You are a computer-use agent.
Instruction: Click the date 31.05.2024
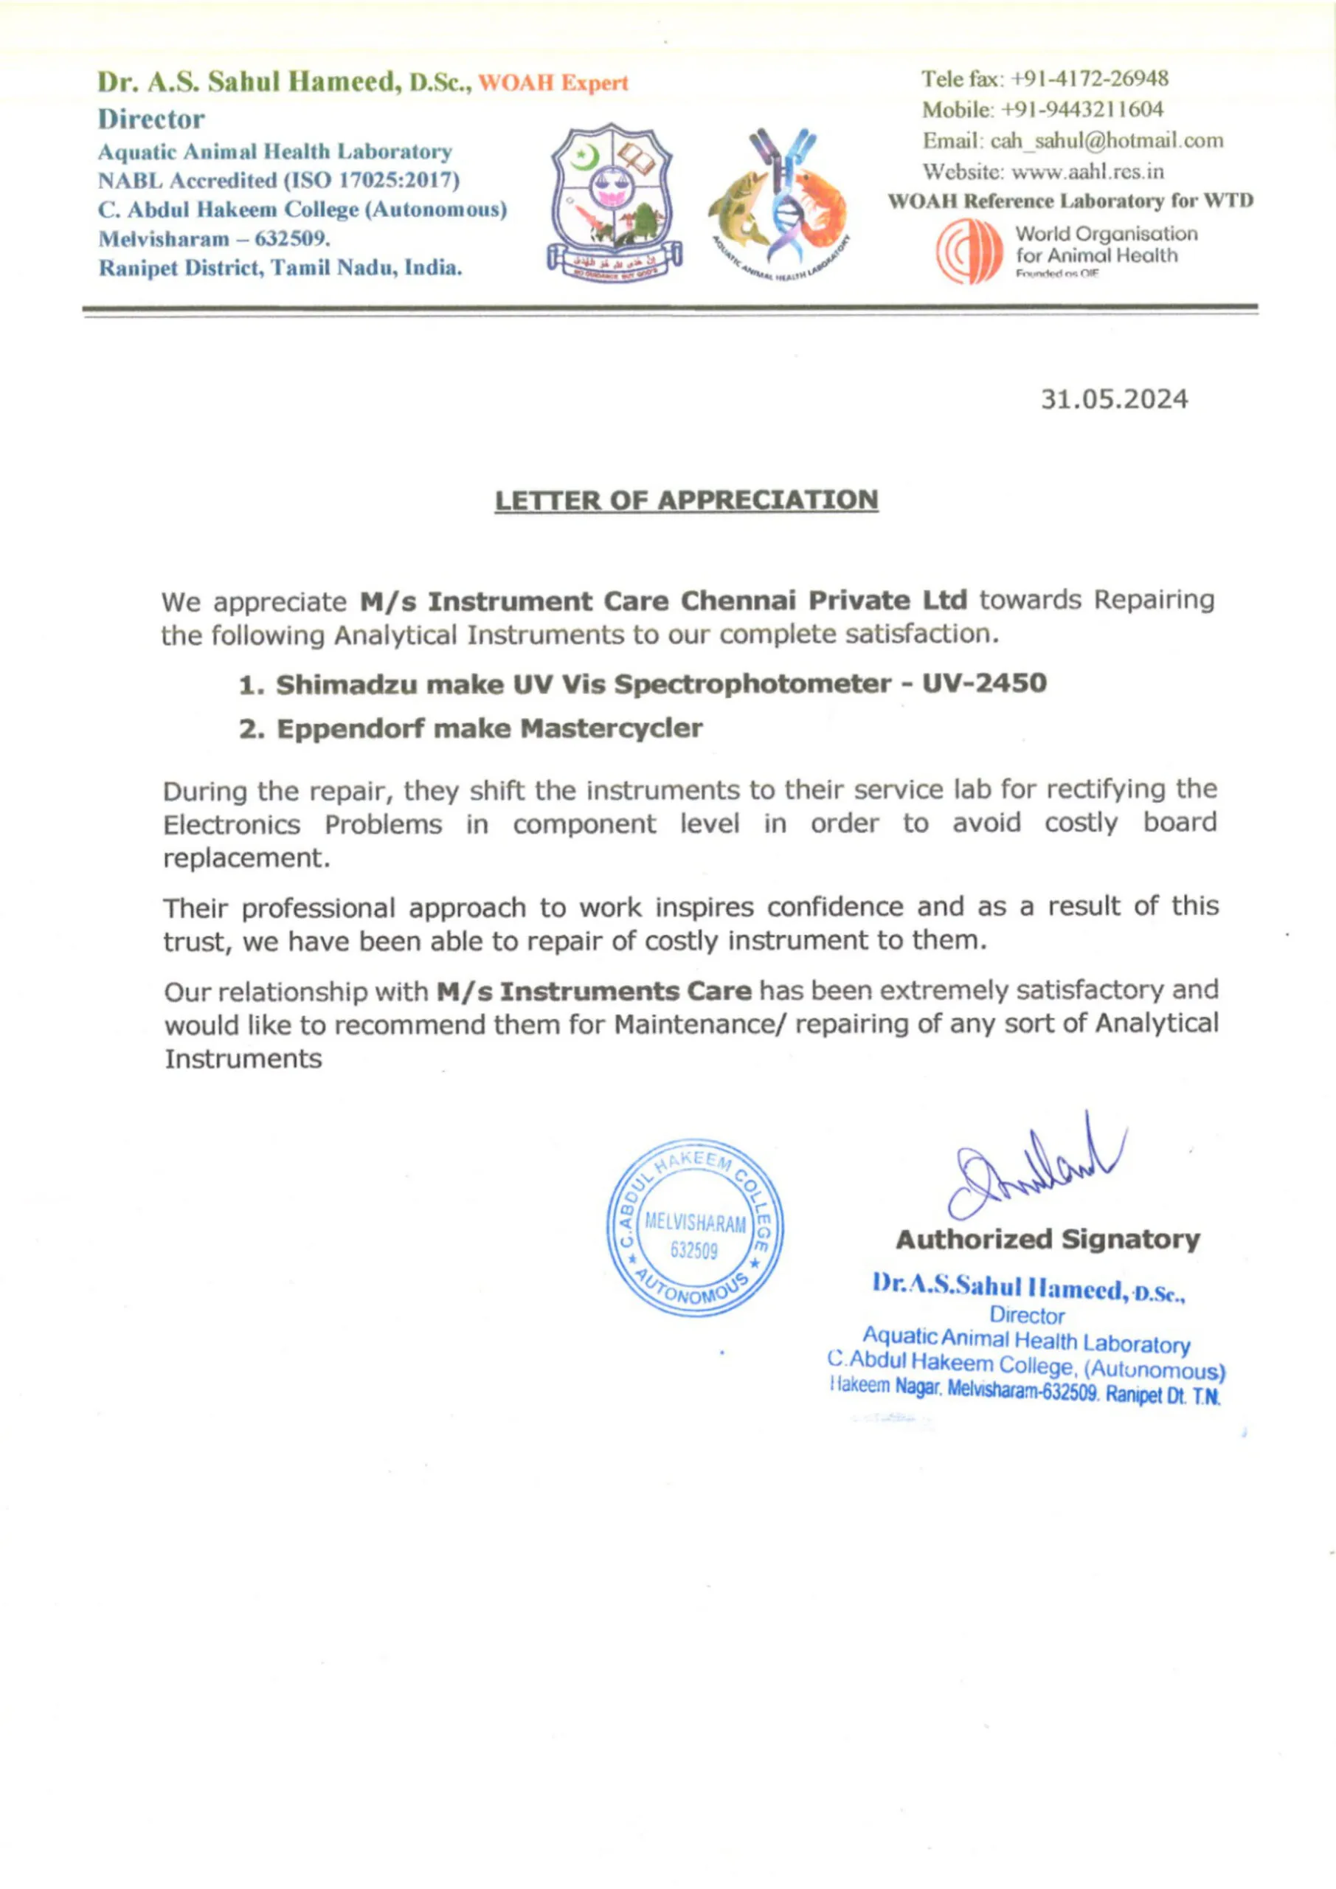[1114, 400]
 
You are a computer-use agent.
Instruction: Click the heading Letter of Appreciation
[686, 500]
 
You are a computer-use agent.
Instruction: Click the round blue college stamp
[695, 1229]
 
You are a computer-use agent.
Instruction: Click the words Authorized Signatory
[1048, 1239]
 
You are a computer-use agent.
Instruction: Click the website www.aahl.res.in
[1087, 172]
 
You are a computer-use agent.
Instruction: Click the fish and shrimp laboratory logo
[778, 206]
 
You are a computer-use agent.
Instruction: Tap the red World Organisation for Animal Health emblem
[969, 252]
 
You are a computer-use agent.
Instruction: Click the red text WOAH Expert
[553, 83]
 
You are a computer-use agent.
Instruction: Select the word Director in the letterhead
[151, 120]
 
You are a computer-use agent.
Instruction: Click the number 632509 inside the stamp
[693, 1251]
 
